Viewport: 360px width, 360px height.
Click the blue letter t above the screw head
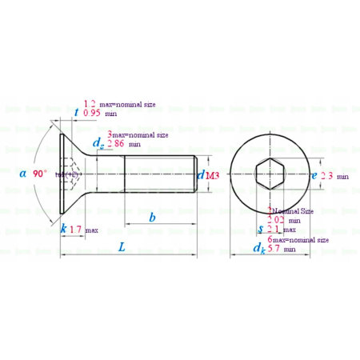pos(76,114)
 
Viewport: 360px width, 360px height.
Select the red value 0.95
pos(91,114)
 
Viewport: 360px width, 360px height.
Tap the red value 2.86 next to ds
pos(116,144)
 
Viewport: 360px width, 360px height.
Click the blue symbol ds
pos(98,144)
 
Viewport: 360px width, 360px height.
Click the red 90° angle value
pos(40,173)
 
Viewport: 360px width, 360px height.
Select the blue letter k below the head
pos(63,230)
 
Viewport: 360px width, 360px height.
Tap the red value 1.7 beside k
pos(76,230)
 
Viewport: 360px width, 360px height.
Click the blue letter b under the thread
pos(152,218)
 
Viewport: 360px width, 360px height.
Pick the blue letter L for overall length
pos(122,248)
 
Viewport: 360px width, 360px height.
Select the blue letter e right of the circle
pos(314,174)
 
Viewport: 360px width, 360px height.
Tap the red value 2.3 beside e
pos(327,175)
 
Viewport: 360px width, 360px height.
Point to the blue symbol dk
pos(259,249)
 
